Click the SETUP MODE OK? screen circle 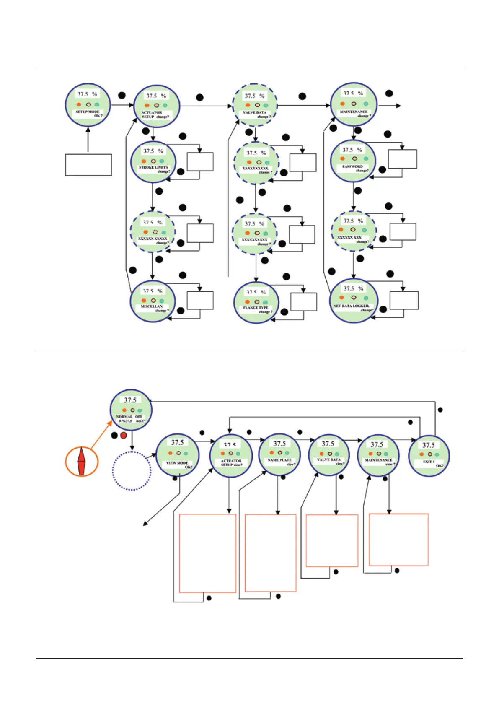tap(88, 105)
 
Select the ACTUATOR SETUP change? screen tap(156, 106)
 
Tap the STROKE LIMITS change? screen tap(153, 162)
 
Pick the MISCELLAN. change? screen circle tap(153, 301)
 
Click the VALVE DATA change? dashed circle tap(255, 106)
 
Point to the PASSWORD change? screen tap(353, 161)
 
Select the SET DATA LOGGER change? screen tap(354, 301)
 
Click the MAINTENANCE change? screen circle tap(354, 104)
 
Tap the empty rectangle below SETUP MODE tap(88, 165)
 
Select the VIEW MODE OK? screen tap(177, 455)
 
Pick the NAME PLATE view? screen tap(279, 454)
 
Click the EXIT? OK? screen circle tap(429, 456)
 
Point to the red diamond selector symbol tap(82, 461)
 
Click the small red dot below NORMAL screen tap(124, 436)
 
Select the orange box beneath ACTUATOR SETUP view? tap(207, 553)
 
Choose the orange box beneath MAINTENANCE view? tap(398, 540)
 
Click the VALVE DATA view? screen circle tap(329, 455)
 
